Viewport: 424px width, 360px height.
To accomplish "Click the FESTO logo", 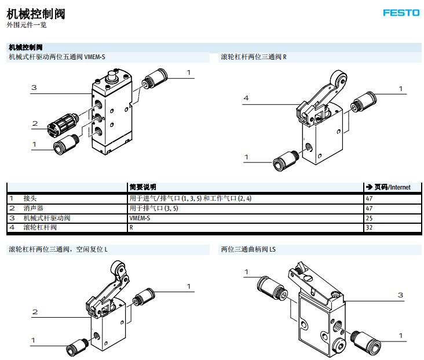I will (400, 13).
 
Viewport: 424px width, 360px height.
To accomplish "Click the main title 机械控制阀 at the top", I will (27, 13).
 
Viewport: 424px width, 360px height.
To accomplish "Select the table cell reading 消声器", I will (34, 208).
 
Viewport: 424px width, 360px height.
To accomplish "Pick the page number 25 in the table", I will (369, 218).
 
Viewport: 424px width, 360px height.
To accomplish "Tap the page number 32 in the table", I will (369, 228).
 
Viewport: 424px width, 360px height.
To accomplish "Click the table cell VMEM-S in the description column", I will (140, 218).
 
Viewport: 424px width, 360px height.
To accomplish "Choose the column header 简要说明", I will (142, 187).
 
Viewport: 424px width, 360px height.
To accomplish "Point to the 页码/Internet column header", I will (388, 187).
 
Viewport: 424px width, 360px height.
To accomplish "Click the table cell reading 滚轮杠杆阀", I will (40, 228).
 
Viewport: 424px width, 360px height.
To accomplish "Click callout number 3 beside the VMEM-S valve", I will (34, 88).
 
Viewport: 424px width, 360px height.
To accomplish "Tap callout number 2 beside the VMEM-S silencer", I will (35, 123).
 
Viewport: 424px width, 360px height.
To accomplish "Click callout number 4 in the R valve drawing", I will (246, 98).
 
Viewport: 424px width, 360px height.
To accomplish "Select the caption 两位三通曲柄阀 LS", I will (248, 250).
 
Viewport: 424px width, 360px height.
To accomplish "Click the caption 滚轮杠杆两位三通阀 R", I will (254, 57).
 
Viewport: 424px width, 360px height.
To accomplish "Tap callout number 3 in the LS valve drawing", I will (400, 295).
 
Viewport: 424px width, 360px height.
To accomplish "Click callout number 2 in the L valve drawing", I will (35, 312).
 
